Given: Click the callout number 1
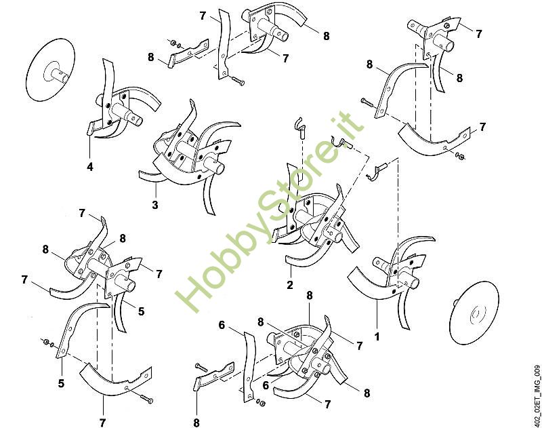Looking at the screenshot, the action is [x=377, y=336].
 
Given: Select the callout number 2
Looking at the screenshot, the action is [x=290, y=285].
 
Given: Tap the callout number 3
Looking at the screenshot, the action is [x=155, y=205].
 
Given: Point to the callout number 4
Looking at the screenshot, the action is [x=90, y=167].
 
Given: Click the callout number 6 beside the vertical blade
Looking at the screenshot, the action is [x=222, y=325].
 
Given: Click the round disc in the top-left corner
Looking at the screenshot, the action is [x=50, y=70].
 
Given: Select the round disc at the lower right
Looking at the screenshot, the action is [x=475, y=315].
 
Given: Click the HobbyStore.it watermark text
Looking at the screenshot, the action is [x=270, y=211].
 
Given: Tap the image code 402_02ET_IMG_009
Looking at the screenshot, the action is [x=537, y=395].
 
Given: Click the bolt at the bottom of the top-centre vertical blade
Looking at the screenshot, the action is [x=236, y=81].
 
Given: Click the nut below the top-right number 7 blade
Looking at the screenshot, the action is [x=460, y=156].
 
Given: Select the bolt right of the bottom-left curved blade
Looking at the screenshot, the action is [x=147, y=399].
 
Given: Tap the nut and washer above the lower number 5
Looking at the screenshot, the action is [x=48, y=343].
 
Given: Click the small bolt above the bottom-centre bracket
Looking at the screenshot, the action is [x=202, y=367].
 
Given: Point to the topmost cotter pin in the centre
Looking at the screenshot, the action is [x=299, y=127].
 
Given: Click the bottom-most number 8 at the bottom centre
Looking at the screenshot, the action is [x=196, y=423].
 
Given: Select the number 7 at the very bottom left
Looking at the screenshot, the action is [x=102, y=423].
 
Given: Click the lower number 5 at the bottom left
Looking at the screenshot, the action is [x=61, y=383].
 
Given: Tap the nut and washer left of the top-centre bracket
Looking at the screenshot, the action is [x=176, y=44].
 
